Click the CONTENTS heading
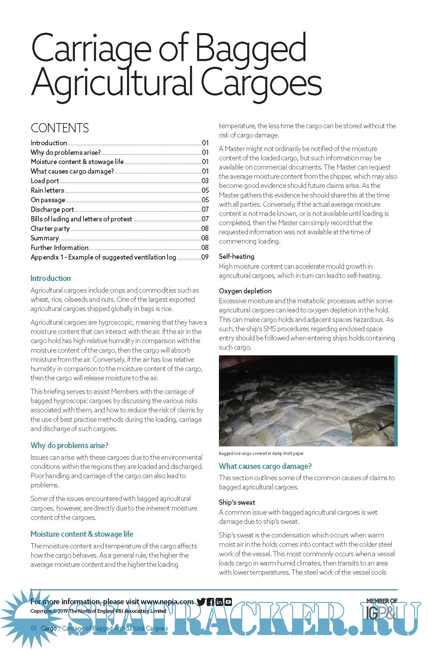coord(60,128)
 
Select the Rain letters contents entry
coord(47,190)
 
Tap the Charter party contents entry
coord(50,228)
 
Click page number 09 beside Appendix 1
coord(205,257)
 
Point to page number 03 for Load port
coord(205,181)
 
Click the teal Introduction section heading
coord(51,278)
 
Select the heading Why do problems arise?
coord(69,445)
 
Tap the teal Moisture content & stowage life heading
coord(82,534)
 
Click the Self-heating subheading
coord(237,256)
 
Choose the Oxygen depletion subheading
coord(245,291)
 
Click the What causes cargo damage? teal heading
coord(265,466)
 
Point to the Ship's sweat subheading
coord(237,502)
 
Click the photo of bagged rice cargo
coord(307,401)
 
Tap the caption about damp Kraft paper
coord(261,454)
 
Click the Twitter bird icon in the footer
coord(201,602)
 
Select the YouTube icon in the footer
coord(228,602)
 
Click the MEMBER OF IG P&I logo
coord(382,609)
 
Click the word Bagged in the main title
coord(251,49)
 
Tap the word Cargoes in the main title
coord(261,84)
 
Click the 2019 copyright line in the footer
coord(98,611)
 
